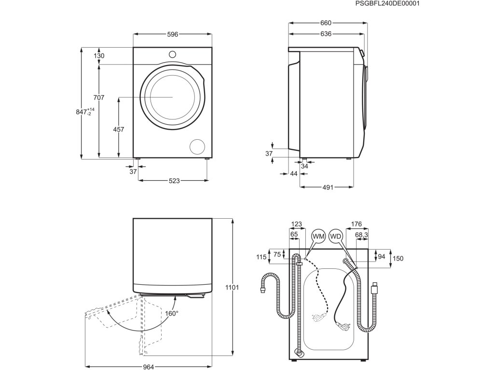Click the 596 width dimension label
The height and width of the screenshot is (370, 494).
tap(173, 34)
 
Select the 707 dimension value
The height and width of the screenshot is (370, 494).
tap(99, 98)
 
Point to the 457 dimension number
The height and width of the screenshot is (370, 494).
tap(119, 129)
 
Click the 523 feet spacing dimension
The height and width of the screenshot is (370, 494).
tap(174, 181)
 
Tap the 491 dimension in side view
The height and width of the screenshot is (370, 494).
tap(328, 187)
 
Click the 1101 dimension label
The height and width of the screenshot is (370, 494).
tap(232, 288)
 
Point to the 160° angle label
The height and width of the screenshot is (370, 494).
tap(172, 313)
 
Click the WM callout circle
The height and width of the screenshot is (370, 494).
tap(318, 237)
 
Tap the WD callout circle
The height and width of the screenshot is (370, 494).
tap(335, 237)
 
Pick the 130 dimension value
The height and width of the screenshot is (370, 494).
tap(99, 56)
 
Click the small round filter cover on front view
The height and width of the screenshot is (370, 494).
tap(198, 146)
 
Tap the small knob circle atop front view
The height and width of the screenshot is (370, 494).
tap(173, 53)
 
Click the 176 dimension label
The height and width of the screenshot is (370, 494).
tap(357, 224)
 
